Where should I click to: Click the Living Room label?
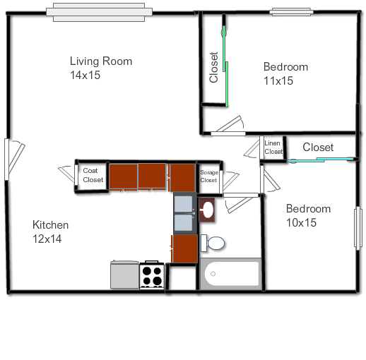[x=101, y=61]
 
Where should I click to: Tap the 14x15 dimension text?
[x=85, y=75]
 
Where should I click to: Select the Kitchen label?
[x=50, y=225]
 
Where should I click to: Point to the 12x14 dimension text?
[x=47, y=239]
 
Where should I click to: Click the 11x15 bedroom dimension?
[x=278, y=80]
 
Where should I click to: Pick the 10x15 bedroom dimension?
[x=301, y=222]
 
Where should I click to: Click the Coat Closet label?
[x=93, y=175]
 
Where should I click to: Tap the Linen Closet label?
[x=273, y=148]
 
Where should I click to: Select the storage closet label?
[x=209, y=176]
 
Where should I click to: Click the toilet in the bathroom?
[x=213, y=243]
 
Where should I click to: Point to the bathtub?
[x=230, y=274]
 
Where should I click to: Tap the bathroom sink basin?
[x=207, y=210]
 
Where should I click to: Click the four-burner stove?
[x=152, y=275]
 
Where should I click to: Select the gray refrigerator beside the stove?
[x=124, y=275]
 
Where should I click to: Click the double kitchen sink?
[x=185, y=213]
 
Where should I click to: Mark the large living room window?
[x=99, y=12]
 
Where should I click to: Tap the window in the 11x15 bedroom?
[x=291, y=12]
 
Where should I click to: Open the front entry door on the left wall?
[x=14, y=159]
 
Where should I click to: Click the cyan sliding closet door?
[x=321, y=160]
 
